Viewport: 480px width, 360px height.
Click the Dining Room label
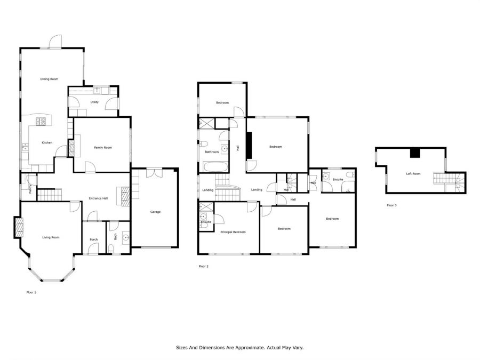click(x=49, y=79)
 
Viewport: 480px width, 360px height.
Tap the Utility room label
click(x=94, y=102)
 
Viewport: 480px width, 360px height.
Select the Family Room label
click(x=103, y=148)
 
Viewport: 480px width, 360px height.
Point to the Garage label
click(x=155, y=212)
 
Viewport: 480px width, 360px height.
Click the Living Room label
click(x=51, y=237)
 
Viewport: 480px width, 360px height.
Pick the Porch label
click(x=94, y=239)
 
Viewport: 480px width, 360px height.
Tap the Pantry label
click(x=30, y=189)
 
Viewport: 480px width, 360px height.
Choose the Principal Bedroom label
click(x=233, y=232)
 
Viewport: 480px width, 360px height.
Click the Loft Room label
click(x=413, y=173)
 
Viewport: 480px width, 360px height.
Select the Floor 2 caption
click(x=203, y=266)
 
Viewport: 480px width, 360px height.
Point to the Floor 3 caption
click(x=391, y=205)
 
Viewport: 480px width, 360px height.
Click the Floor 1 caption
click(x=31, y=292)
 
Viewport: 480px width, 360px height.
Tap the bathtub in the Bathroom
click(x=216, y=167)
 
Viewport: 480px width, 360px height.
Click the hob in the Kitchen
click(x=41, y=122)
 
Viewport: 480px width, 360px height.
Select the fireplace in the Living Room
click(x=18, y=227)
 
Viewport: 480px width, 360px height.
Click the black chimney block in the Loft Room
click(x=415, y=153)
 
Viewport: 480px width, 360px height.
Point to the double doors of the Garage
click(x=154, y=172)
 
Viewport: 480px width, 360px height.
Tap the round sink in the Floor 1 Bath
click(x=126, y=237)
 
